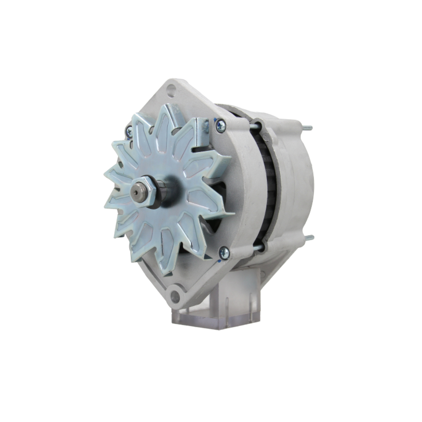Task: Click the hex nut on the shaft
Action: point(146,192)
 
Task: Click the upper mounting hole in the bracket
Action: point(170,89)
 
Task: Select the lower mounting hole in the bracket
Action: point(175,295)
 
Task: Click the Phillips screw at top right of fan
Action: point(220,125)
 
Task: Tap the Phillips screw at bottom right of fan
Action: point(224,253)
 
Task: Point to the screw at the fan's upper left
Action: point(129,132)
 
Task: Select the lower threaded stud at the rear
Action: point(309,238)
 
